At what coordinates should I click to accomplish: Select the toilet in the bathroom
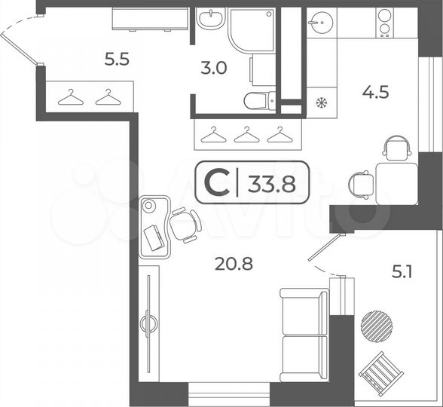pyautogui.click(x=259, y=100)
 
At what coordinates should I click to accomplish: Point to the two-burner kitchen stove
pyautogui.click(x=384, y=23)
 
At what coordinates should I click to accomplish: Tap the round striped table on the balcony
pyautogui.click(x=376, y=326)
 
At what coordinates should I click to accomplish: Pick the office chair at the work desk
pyautogui.click(x=184, y=225)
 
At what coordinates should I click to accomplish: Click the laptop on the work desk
pyautogui.click(x=154, y=237)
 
